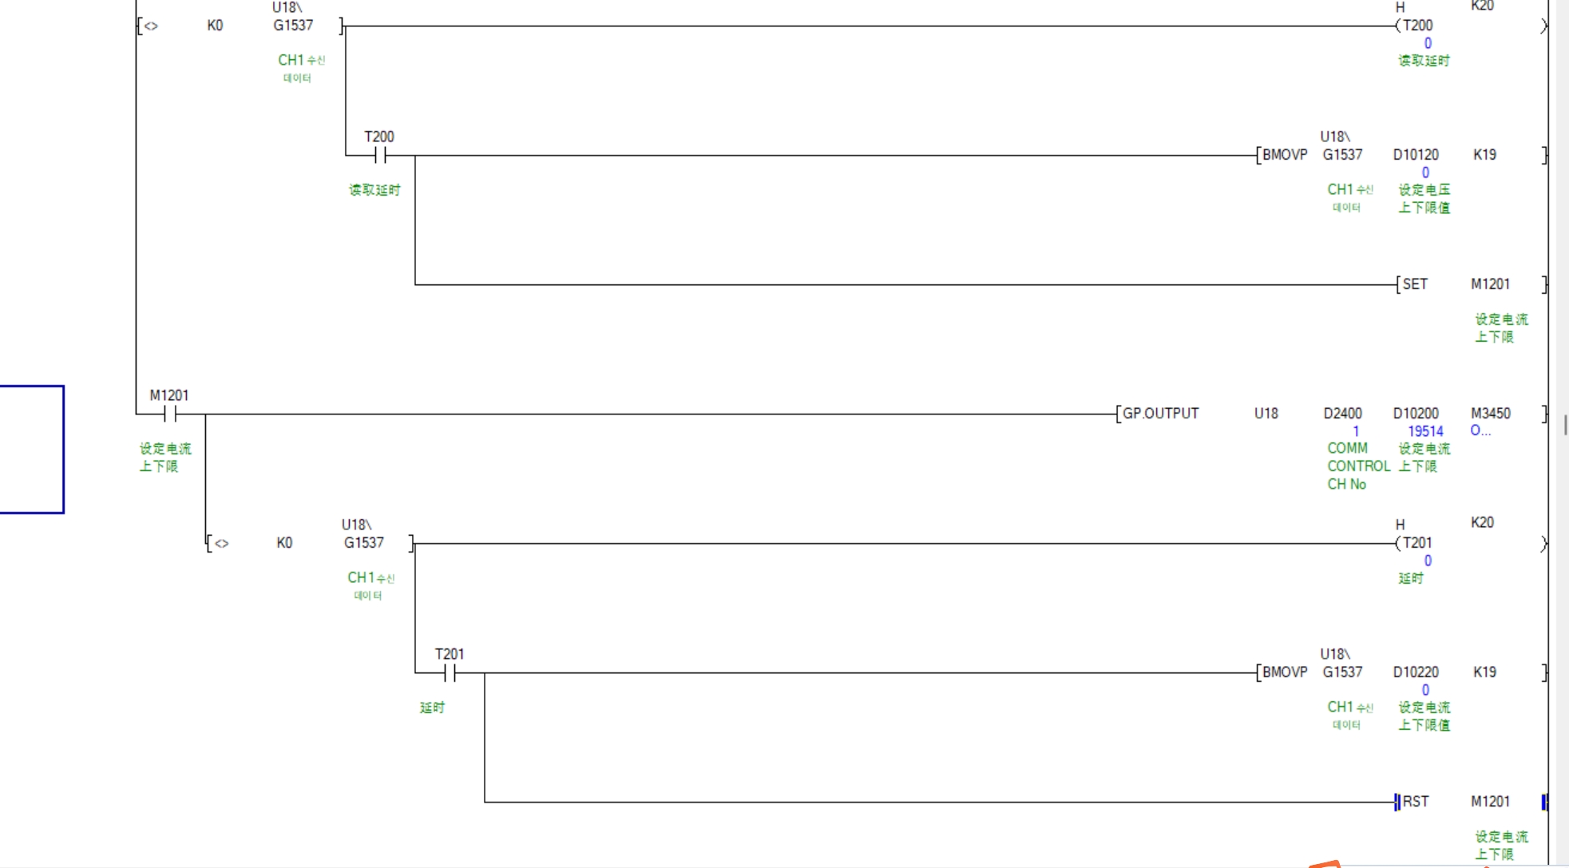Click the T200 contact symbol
[380, 155]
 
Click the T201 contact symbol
[450, 673]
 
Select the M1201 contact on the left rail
[170, 414]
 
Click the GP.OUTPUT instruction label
[1160, 414]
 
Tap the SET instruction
[1415, 284]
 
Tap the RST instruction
[1416, 802]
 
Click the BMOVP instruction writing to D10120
[1284, 155]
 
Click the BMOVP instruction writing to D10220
[1284, 672]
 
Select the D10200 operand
[1416, 414]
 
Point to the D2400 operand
[1342, 414]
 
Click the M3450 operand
[1490, 414]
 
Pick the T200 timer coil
[1417, 26]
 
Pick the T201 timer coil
[1417, 543]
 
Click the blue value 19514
[1425, 431]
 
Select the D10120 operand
[1416, 155]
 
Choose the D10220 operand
[1416, 672]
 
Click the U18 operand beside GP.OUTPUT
[1266, 414]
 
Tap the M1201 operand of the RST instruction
[1490, 802]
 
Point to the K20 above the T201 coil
[1482, 522]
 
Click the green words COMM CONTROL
[1357, 458]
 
